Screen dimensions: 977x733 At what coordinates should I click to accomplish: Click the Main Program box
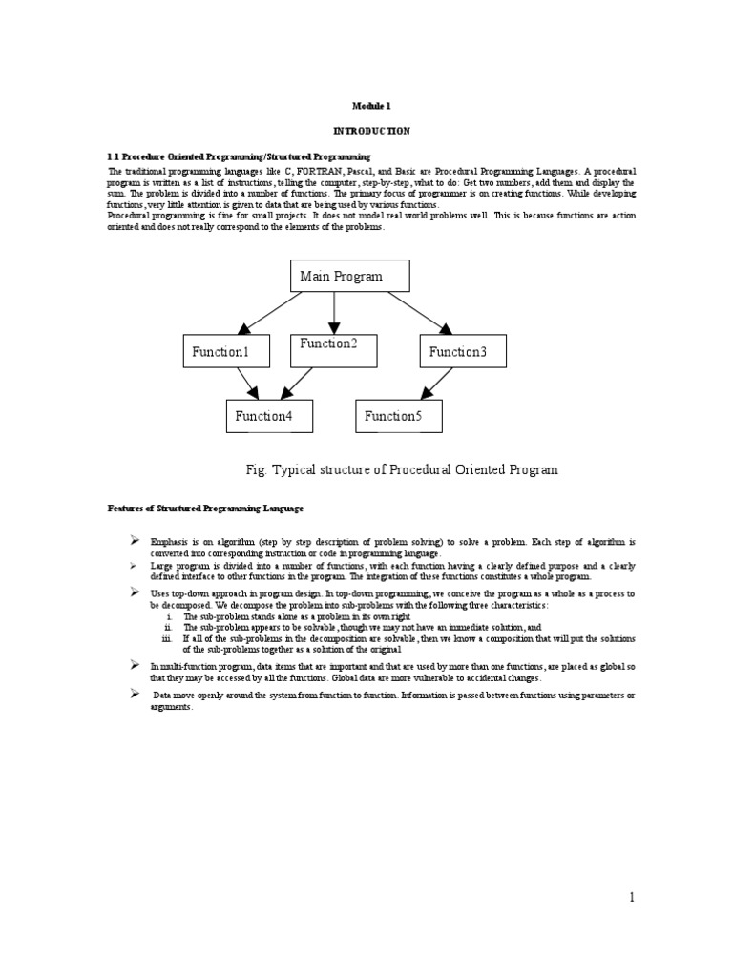(350, 276)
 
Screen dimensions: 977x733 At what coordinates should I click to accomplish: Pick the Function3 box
(463, 352)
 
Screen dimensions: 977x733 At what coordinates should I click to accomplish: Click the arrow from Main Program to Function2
(333, 313)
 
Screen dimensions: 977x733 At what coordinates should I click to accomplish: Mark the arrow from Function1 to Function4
(246, 384)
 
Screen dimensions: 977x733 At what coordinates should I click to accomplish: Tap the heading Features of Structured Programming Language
(204, 508)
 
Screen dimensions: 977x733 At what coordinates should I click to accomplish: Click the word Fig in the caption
(257, 469)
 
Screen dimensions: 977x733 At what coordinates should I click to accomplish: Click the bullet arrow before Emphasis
(135, 541)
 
